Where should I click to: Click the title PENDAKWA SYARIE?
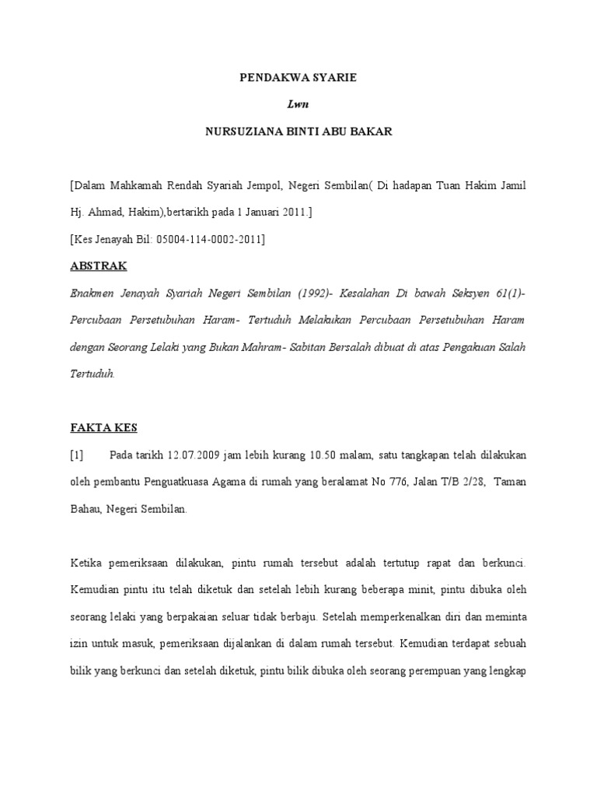click(298, 79)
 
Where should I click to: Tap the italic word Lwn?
click(298, 105)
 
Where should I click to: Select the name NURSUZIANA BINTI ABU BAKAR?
click(298, 132)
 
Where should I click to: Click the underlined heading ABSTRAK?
click(99, 266)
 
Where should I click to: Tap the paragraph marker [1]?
click(78, 455)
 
